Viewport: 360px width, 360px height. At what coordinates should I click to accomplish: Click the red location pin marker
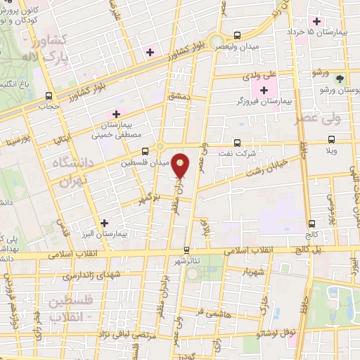(181, 167)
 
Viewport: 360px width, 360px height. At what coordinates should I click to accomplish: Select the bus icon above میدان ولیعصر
(237, 34)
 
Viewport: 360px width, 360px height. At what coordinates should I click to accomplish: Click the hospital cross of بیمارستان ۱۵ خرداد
(317, 21)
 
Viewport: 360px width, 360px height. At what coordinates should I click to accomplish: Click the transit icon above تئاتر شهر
(186, 250)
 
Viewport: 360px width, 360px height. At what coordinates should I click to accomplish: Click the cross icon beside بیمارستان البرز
(104, 223)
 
